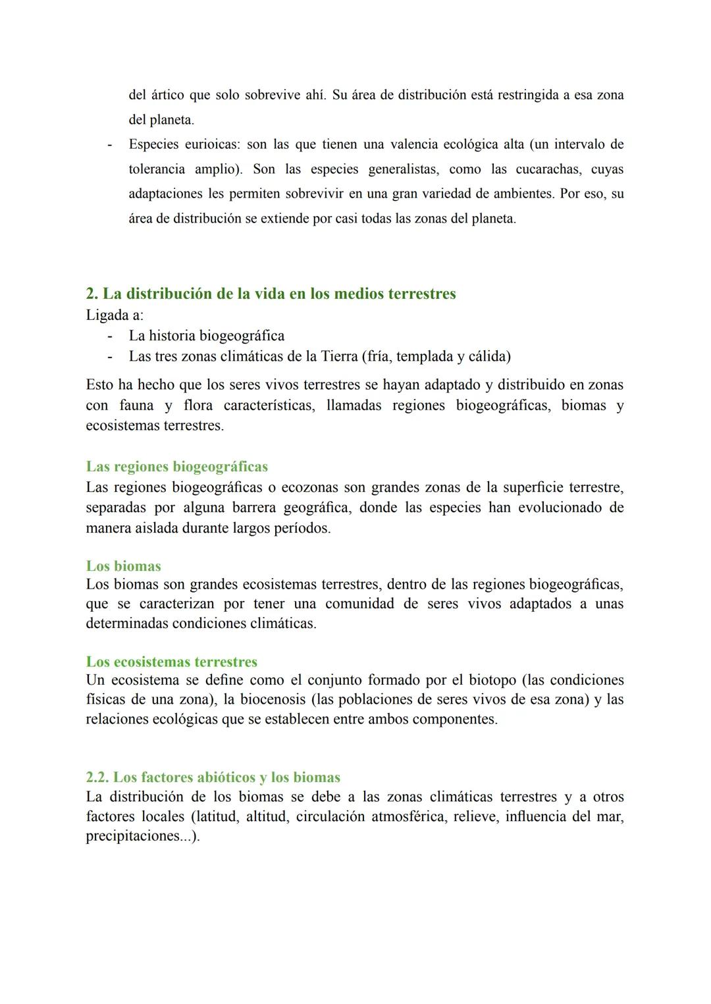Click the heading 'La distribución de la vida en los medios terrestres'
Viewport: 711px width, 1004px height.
point(271,294)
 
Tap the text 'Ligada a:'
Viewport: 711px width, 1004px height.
point(115,315)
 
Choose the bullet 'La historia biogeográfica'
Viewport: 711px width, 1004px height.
point(207,336)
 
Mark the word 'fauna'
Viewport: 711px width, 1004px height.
point(136,405)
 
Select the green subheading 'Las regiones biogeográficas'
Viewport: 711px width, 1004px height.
point(176,467)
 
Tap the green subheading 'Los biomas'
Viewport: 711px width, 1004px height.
point(123,566)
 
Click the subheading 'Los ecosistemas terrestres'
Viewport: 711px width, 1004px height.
point(171,662)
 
